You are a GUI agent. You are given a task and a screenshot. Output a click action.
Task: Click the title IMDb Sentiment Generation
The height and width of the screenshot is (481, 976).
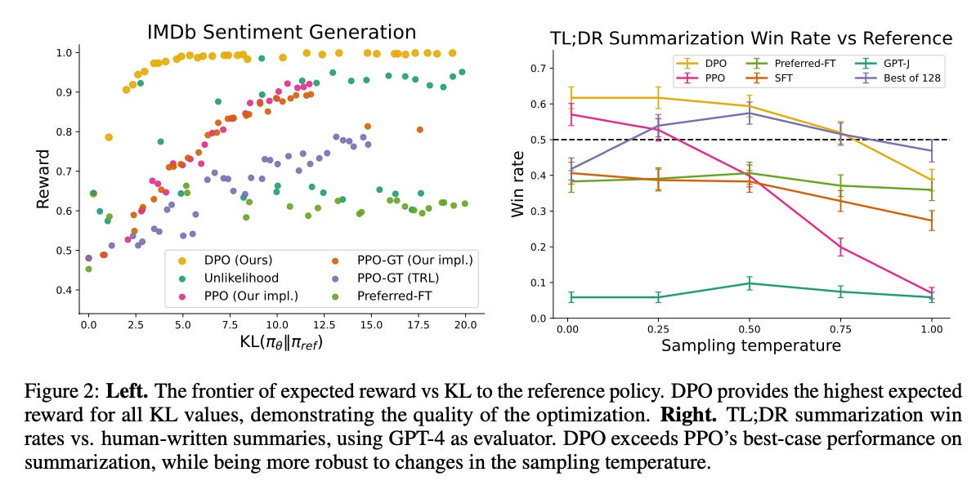[281, 32]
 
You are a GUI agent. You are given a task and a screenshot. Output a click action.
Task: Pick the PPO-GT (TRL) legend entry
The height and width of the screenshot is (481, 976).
[401, 278]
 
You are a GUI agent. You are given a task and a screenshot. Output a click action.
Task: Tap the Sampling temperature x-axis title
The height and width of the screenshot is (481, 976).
[750, 345]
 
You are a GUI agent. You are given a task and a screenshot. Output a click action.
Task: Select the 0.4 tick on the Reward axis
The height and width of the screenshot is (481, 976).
[68, 290]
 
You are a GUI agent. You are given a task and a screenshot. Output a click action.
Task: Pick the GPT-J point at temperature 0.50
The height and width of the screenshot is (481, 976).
[749, 283]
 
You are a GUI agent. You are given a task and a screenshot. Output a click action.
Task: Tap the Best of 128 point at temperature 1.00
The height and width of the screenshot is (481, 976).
[931, 150]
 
